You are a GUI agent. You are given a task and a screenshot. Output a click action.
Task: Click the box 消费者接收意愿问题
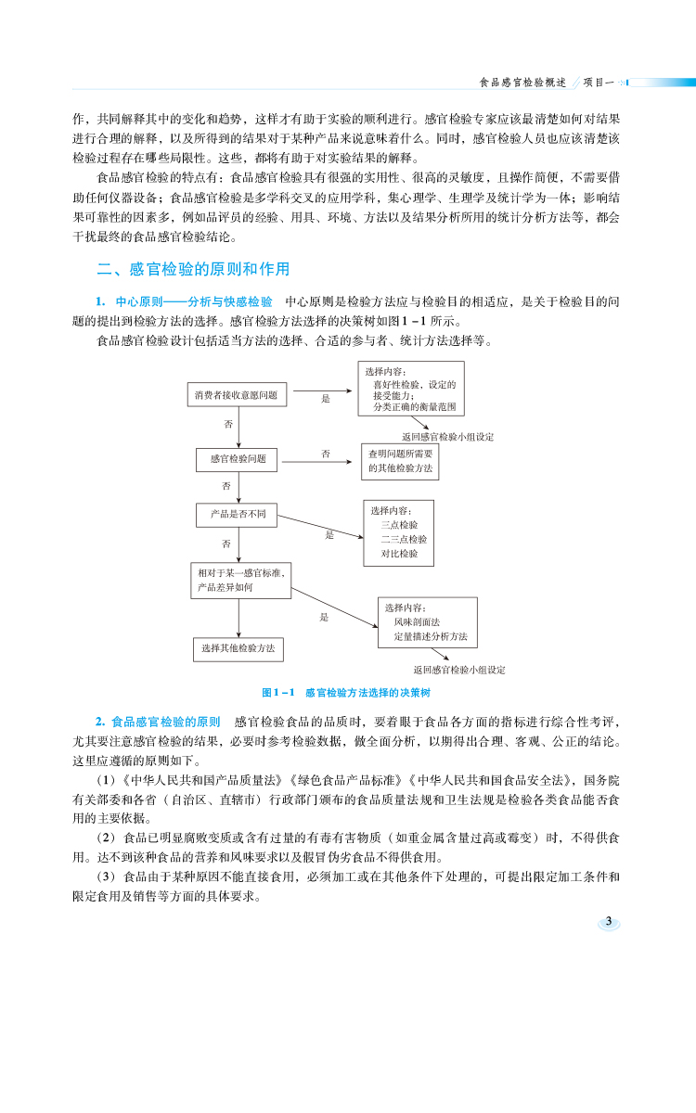click(x=236, y=395)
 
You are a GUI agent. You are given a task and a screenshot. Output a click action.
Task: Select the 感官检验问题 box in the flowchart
click(x=238, y=458)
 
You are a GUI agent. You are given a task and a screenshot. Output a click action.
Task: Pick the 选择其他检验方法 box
click(x=238, y=648)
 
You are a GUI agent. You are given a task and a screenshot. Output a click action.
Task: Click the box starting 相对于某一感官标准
click(x=240, y=581)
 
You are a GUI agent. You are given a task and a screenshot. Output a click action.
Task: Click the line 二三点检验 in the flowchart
click(x=404, y=539)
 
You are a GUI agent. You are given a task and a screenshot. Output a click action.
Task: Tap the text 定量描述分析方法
click(x=430, y=637)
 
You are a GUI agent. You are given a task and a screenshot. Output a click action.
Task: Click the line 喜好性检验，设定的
click(x=414, y=384)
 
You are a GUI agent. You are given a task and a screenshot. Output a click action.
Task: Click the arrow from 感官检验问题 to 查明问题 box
click(x=318, y=459)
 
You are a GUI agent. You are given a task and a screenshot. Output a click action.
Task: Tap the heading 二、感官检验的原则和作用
click(x=193, y=270)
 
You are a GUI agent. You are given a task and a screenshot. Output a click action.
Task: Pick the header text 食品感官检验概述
click(x=522, y=82)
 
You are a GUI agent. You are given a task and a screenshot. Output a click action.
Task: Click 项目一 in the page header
click(x=599, y=82)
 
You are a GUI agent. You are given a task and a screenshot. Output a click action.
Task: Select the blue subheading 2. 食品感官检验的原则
click(x=159, y=722)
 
